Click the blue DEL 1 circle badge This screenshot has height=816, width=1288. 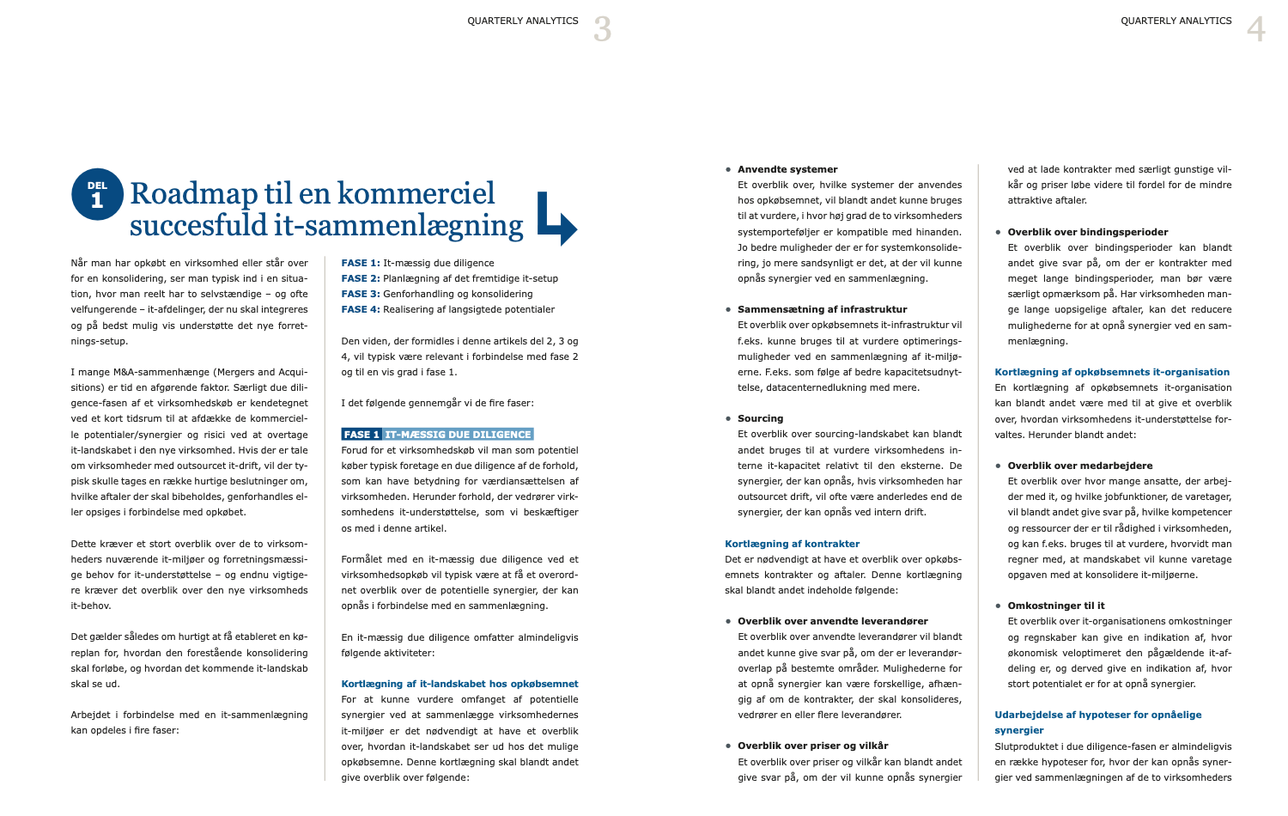(x=97, y=194)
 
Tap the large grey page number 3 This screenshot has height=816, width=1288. (x=603, y=29)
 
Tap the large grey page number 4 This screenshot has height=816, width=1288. (x=1255, y=29)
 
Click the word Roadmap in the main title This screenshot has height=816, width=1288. (x=193, y=193)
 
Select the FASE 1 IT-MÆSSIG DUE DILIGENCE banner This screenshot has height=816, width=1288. (x=437, y=435)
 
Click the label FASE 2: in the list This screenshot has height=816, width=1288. (x=361, y=278)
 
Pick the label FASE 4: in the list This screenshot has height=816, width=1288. (x=361, y=309)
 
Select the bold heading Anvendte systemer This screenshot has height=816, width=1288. (x=787, y=169)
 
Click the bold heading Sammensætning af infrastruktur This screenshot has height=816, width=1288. (x=822, y=309)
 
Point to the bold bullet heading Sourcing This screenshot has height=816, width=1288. (x=760, y=418)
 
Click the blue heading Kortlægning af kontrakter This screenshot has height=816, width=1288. (x=792, y=544)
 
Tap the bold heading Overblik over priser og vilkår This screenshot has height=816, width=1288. (x=812, y=746)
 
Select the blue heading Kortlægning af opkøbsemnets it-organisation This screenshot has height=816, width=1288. (x=1112, y=372)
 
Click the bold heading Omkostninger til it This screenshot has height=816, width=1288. (x=1055, y=606)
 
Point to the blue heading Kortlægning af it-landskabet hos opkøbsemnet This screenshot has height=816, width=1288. (x=459, y=684)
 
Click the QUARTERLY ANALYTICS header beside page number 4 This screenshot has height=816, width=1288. (x=1176, y=21)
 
